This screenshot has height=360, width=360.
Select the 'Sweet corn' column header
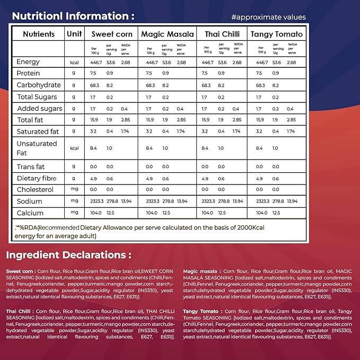tap(111, 34)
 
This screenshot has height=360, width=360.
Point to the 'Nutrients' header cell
tap(39, 34)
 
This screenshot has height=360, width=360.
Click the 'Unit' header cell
tap(74, 34)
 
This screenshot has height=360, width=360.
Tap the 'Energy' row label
tap(28, 62)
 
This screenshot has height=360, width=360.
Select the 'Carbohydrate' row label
tap(38, 85)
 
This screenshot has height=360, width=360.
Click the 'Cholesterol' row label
tap(36, 189)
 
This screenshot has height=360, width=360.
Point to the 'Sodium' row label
tap(29, 201)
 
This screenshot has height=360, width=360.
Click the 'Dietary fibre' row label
tap(36, 178)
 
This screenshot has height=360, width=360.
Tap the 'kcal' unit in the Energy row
tap(74, 63)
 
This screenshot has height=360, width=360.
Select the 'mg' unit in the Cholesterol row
tap(74, 189)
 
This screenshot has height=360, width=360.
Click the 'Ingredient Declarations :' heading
tap(68, 254)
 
